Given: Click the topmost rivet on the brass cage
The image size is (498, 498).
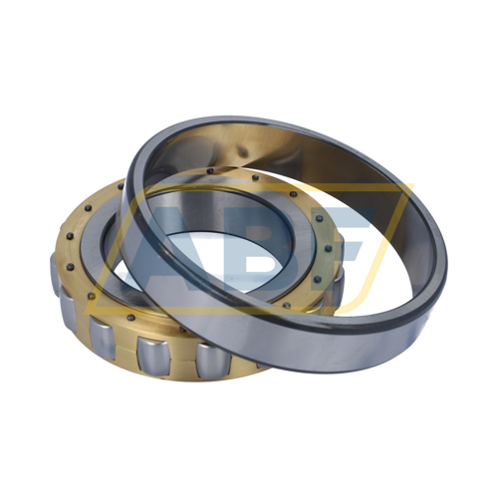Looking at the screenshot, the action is click(x=210, y=171).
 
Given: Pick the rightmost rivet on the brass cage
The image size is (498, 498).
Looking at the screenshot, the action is click(x=329, y=247).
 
